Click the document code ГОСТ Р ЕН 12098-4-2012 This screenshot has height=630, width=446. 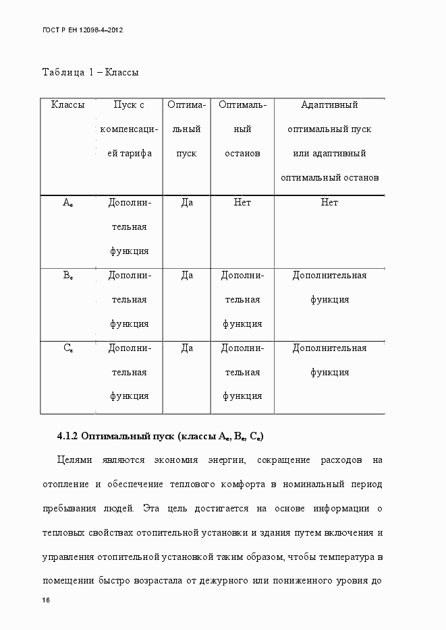pyautogui.click(x=82, y=31)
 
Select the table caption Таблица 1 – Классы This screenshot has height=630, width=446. pyautogui.click(x=90, y=72)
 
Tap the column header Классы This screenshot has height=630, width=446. pyautogui.click(x=67, y=105)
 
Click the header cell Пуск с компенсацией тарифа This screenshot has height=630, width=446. pyautogui.click(x=129, y=129)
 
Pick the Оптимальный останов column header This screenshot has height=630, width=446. pyautogui.click(x=242, y=129)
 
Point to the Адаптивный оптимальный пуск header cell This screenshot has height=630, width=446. pyautogui.click(x=329, y=141)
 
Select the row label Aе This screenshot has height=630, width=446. pyautogui.click(x=68, y=203)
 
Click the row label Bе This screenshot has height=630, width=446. pyautogui.click(x=68, y=276)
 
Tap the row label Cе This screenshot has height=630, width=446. pyautogui.click(x=68, y=348)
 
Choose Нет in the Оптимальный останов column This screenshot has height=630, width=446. pyautogui.click(x=242, y=203)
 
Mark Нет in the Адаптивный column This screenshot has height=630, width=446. pyautogui.click(x=329, y=203)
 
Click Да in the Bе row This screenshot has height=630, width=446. pyautogui.click(x=187, y=276)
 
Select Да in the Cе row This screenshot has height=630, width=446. pyautogui.click(x=187, y=348)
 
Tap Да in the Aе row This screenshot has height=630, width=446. pyautogui.click(x=187, y=203)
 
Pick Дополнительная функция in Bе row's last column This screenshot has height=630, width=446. pyautogui.click(x=329, y=287)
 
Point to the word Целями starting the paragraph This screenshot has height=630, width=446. pyautogui.click(x=74, y=460)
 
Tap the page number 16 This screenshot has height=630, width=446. pyautogui.click(x=46, y=600)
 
